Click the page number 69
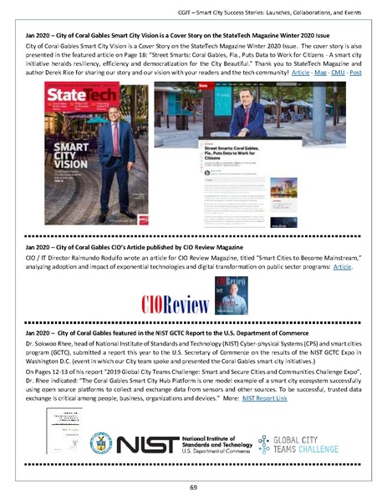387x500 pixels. click(x=192, y=487)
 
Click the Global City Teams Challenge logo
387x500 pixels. click(x=293, y=444)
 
